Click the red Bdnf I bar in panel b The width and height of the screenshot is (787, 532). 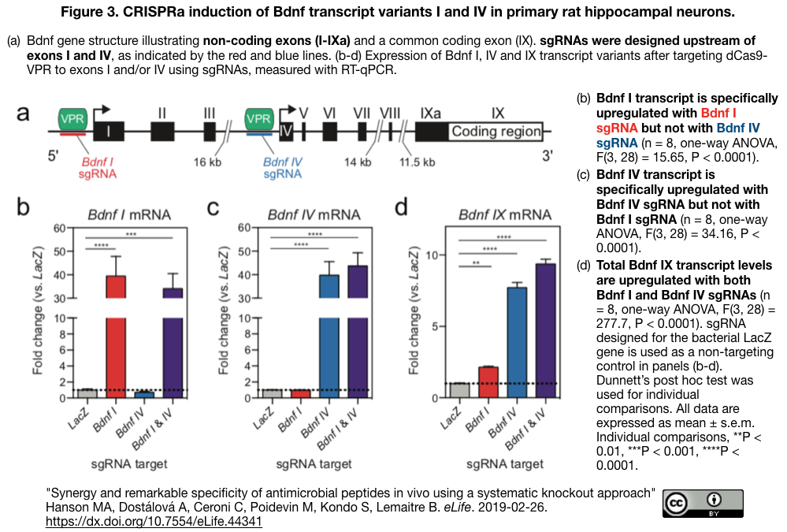coord(116,339)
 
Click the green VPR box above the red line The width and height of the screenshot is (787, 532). coord(73,119)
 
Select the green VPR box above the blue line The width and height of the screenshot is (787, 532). coord(260,119)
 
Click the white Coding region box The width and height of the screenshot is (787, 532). coord(496,132)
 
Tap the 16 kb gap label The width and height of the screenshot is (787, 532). coord(209,163)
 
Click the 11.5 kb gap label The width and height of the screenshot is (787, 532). coord(418,163)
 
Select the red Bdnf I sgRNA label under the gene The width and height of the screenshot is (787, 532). coord(97,168)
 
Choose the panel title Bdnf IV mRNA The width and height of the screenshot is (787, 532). coord(314,214)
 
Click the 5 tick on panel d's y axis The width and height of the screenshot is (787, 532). coord(430,326)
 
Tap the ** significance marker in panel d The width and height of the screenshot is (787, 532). coord(476,262)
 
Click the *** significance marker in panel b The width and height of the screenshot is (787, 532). coord(131,234)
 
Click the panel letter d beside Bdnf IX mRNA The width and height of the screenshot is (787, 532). coord(401,208)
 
